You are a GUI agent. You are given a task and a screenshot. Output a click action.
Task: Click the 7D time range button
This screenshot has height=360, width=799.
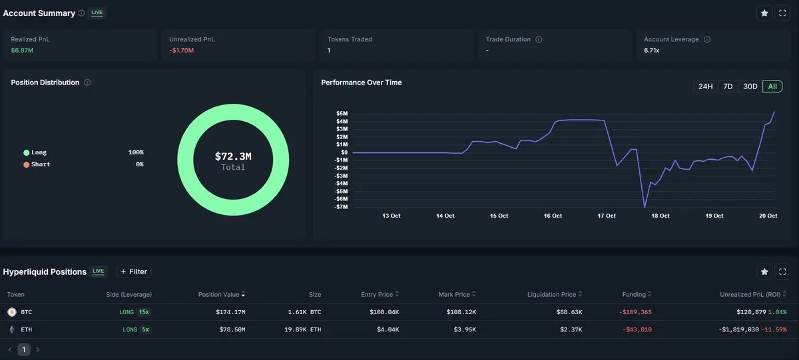click(728, 87)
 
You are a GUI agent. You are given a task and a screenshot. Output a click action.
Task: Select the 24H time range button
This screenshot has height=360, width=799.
click(705, 87)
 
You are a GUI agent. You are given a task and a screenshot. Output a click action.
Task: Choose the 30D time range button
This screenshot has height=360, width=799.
click(750, 87)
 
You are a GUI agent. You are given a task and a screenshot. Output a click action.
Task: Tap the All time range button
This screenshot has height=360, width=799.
click(772, 87)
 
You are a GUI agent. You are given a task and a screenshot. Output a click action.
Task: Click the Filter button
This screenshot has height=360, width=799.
click(133, 271)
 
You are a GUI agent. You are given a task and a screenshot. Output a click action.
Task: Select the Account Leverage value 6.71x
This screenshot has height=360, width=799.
click(652, 51)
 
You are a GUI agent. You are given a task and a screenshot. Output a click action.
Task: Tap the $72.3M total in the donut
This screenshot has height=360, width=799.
click(233, 156)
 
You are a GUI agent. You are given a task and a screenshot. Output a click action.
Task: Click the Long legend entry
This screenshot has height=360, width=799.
click(39, 152)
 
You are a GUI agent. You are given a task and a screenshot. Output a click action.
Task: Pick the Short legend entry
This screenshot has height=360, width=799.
click(41, 164)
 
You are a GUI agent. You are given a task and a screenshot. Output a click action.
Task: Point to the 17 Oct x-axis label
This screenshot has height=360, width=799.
click(607, 216)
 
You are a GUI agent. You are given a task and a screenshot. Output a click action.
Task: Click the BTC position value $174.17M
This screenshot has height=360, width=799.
click(230, 312)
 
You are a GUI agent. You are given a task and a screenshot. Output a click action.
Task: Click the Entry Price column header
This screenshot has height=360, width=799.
click(376, 294)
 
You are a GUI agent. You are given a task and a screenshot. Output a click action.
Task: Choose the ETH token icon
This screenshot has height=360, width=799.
click(11, 329)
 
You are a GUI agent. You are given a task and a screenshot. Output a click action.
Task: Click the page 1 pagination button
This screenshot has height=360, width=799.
click(23, 349)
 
